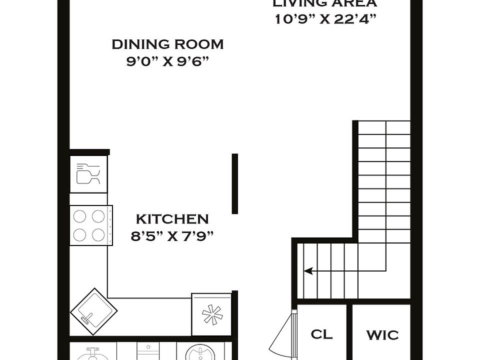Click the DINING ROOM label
pos(167,44)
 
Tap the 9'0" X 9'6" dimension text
pos(167,61)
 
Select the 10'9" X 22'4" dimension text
pos(325,19)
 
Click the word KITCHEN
pos(172,219)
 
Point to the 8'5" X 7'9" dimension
pos(172,236)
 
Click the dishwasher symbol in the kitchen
pos(88,174)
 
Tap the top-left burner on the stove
pos(80,216)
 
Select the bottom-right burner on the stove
pos(98,234)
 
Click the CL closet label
pos(321,334)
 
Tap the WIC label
pos(382,334)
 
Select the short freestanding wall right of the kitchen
pos(234,183)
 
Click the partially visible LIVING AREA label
pos(325,3)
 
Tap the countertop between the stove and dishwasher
pos(88,199)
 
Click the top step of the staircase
pos(384,127)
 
